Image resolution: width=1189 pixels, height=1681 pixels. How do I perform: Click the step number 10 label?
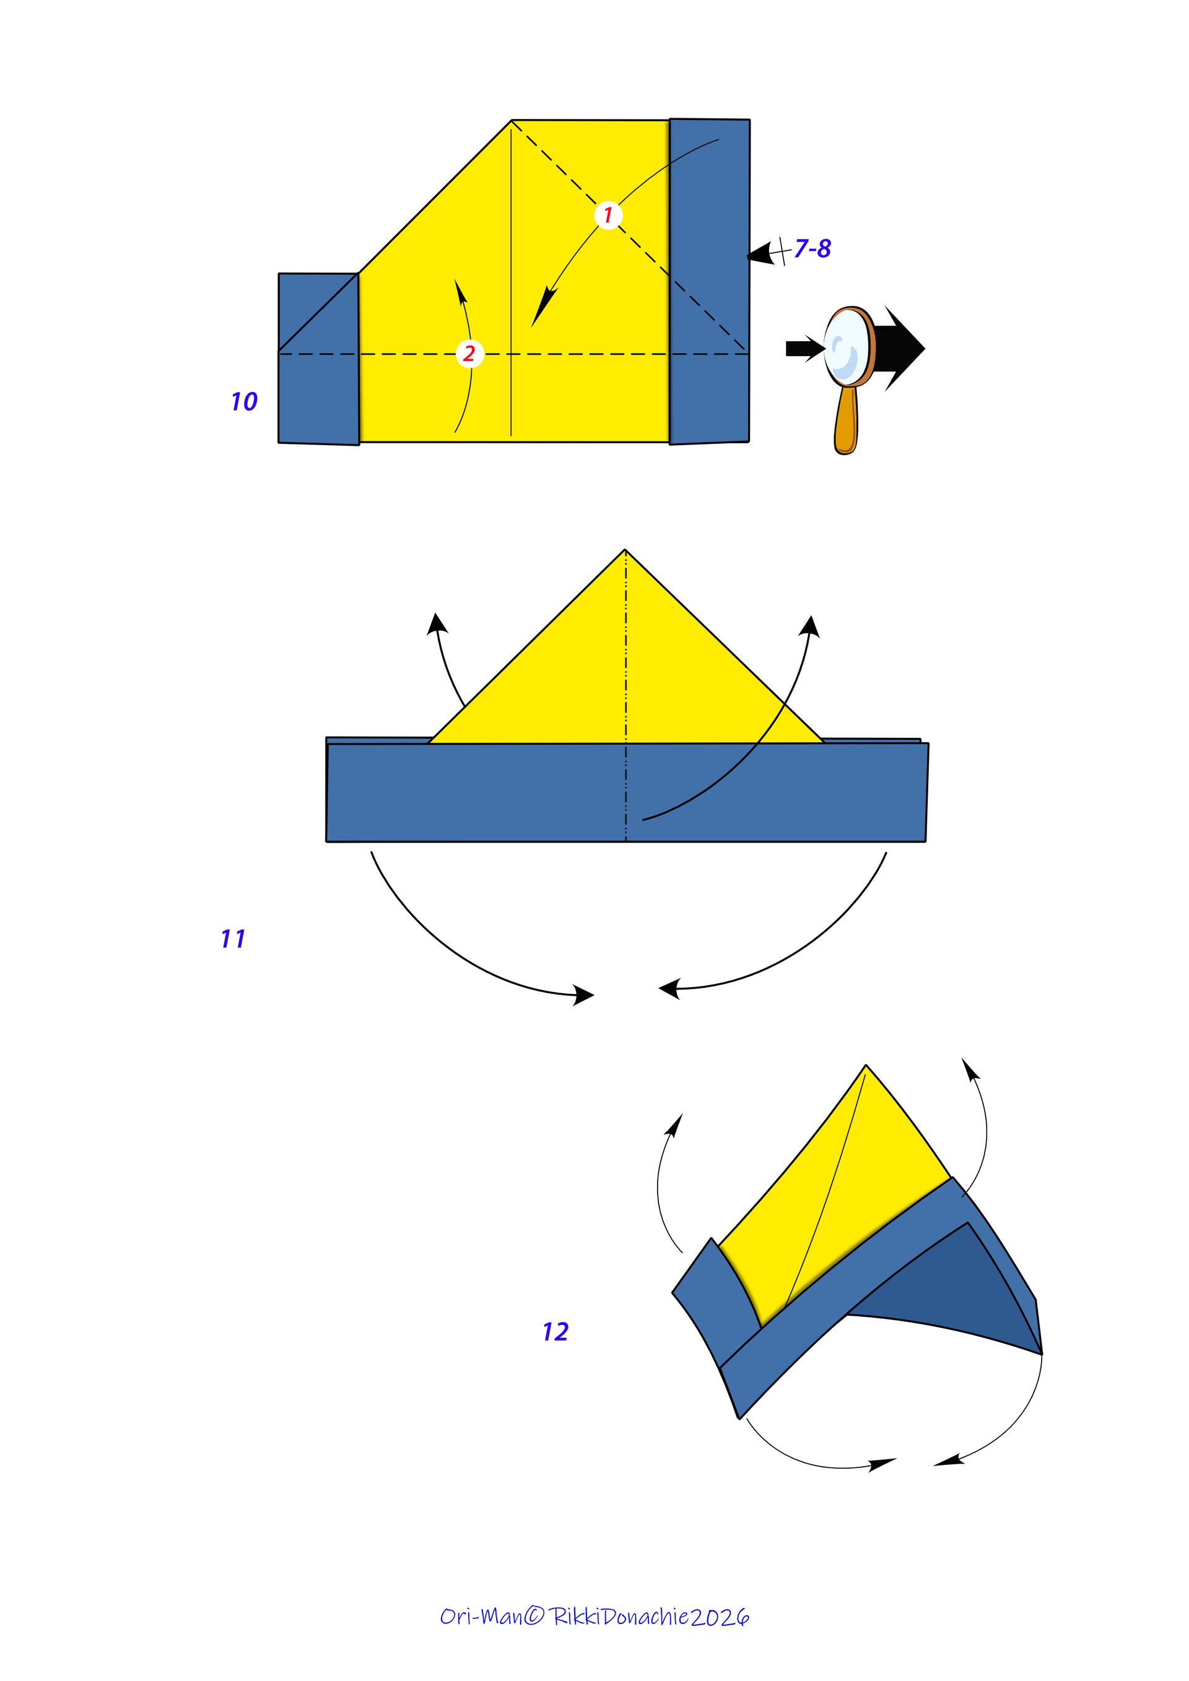[x=244, y=401]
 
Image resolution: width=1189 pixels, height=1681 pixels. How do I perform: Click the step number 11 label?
[x=233, y=939]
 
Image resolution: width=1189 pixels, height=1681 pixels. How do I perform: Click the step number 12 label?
[x=555, y=1332]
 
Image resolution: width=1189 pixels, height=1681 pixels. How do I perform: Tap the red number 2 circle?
[x=469, y=354]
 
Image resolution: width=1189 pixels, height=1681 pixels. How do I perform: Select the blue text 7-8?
[x=812, y=248]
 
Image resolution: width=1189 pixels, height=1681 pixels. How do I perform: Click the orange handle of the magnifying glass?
[x=847, y=420]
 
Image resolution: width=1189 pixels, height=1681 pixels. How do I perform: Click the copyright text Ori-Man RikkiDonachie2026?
[x=594, y=1617]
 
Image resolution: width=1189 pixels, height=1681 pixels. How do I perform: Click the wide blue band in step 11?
[x=627, y=792]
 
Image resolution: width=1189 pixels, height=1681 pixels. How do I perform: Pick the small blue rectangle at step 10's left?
[x=318, y=358]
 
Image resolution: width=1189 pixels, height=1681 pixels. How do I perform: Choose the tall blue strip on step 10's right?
[x=710, y=281]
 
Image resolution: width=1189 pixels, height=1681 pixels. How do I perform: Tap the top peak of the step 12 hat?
[x=866, y=1066]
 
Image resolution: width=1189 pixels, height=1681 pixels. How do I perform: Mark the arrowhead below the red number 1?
[x=543, y=306]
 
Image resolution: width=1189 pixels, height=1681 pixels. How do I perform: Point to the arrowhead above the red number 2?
[x=461, y=292]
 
